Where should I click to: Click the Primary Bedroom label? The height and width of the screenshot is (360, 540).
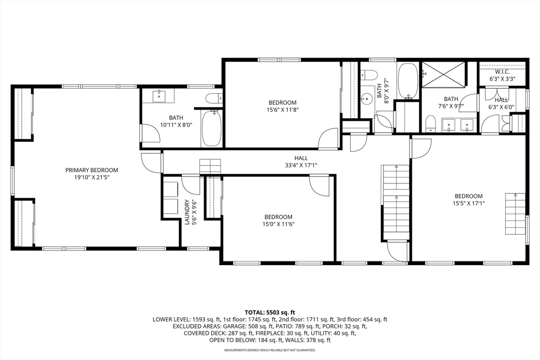pyautogui.click(x=92, y=170)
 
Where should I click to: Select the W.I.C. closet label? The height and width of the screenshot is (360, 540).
pyautogui.click(x=502, y=72)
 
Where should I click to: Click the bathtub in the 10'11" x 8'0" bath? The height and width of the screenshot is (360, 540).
pyautogui.click(x=212, y=128)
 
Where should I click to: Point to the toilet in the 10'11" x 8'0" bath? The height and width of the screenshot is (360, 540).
pyautogui.click(x=214, y=99)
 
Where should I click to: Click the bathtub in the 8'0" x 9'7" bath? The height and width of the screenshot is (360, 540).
pyautogui.click(x=408, y=81)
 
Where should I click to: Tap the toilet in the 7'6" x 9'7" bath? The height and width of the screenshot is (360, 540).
pyautogui.click(x=430, y=124)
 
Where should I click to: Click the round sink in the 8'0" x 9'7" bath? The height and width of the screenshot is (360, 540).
pyautogui.click(x=367, y=100)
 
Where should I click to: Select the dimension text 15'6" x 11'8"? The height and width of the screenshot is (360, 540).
pyautogui.click(x=283, y=110)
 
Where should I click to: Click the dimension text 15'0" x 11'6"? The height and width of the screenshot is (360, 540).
pyautogui.click(x=278, y=225)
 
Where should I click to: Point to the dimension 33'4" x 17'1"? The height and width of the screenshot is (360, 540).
pyautogui.click(x=301, y=165)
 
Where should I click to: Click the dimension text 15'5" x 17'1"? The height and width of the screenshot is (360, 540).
pyautogui.click(x=469, y=203)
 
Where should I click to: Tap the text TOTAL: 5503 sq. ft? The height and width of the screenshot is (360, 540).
pyautogui.click(x=270, y=313)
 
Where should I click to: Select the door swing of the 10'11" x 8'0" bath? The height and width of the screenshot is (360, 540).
pyautogui.click(x=150, y=133)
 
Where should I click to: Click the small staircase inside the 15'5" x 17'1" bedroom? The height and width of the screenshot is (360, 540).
pyautogui.click(x=516, y=214)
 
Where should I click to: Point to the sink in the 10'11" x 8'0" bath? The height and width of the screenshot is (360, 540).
pyautogui.click(x=159, y=96)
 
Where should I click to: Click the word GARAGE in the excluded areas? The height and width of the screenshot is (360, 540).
pyautogui.click(x=234, y=326)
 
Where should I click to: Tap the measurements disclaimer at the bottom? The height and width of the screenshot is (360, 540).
pyautogui.click(x=270, y=350)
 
